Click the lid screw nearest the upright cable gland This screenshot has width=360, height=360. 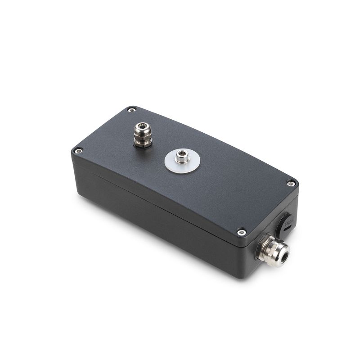pyautogui.click(x=131, y=109)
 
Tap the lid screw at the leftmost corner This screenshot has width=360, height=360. pyautogui.click(x=78, y=150)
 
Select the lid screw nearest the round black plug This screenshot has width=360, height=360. pyautogui.click(x=291, y=183)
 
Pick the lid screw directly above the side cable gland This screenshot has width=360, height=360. pyautogui.click(x=242, y=232)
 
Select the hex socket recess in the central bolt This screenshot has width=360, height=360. pyautogui.click(x=182, y=156)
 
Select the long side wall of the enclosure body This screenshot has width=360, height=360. pyautogui.click(x=157, y=225)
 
